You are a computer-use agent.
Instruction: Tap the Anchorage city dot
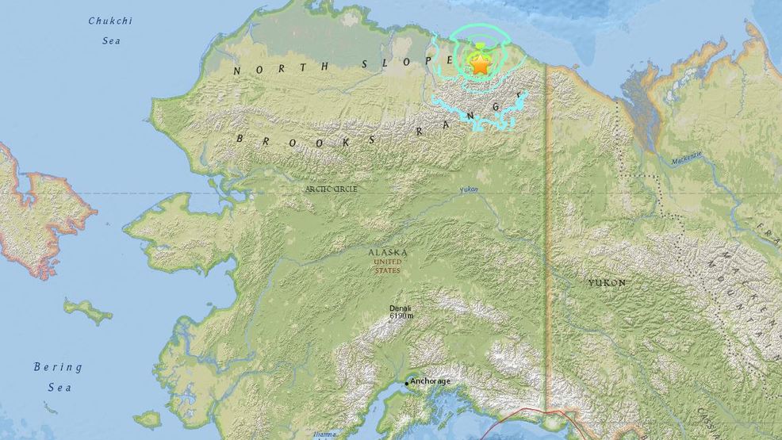click(x=407, y=384)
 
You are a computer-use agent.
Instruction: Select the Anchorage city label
click(x=431, y=381)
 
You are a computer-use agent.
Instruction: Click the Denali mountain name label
click(x=401, y=308)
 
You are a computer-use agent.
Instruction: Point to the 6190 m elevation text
click(x=401, y=316)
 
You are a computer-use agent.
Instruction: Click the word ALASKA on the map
click(x=388, y=253)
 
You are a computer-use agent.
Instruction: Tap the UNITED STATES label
click(x=388, y=266)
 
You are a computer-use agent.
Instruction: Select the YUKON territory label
click(x=607, y=283)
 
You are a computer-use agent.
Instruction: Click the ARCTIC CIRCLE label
click(x=332, y=189)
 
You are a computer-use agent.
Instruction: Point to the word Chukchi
click(x=110, y=21)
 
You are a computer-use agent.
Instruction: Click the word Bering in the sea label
click(x=58, y=367)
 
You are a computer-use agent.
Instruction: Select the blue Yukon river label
click(x=470, y=190)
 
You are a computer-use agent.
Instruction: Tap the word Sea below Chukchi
click(x=110, y=40)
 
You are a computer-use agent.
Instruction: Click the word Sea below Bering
click(x=58, y=388)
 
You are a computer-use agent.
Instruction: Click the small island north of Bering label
click(x=87, y=311)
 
